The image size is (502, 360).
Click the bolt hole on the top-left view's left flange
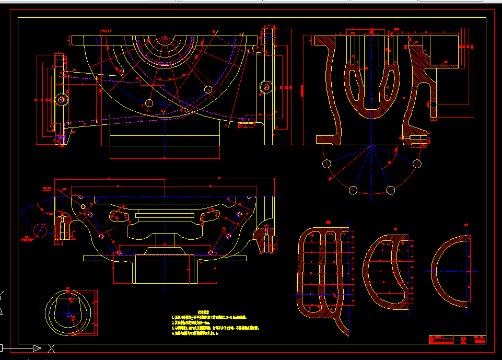[x=62, y=99]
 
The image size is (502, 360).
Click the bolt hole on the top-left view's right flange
[x=266, y=87]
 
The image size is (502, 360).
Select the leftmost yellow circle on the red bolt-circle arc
[x=327, y=164]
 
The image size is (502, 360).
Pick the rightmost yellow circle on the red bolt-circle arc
[x=417, y=164]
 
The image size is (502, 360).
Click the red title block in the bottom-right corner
[x=457, y=340]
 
